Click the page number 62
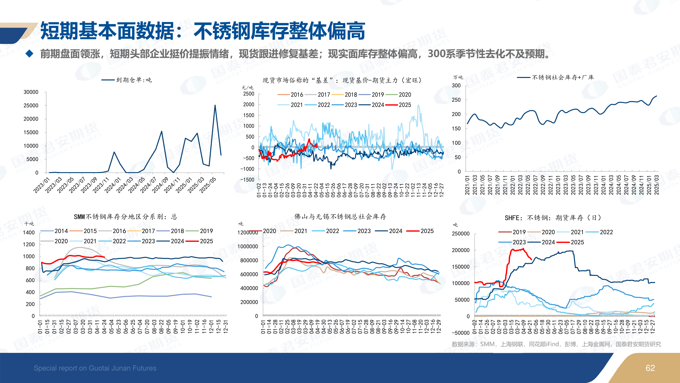[650, 368]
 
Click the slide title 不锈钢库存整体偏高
[279, 31]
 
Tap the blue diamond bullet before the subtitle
[30, 54]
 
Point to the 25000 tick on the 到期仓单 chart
[31, 106]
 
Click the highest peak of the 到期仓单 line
[215, 105]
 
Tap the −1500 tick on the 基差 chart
[247, 180]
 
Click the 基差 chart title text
[342, 81]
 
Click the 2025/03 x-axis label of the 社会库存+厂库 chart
[656, 185]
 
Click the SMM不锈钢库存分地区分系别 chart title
[125, 217]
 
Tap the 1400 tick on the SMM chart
[29, 233]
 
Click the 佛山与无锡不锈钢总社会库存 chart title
[340, 217]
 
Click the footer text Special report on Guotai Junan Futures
[95, 368]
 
